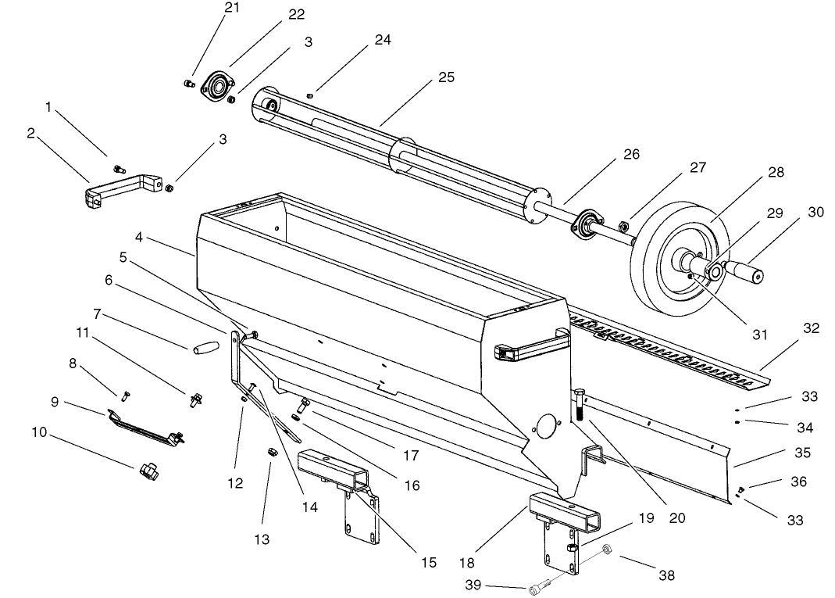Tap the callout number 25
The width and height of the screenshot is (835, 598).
(x=446, y=77)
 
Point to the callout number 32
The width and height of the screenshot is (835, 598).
(x=811, y=328)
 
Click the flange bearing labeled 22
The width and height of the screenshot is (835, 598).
(x=216, y=85)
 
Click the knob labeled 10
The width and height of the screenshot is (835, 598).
(x=146, y=470)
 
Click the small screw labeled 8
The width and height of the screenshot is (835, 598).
(x=123, y=393)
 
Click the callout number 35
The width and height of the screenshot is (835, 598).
(x=802, y=453)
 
